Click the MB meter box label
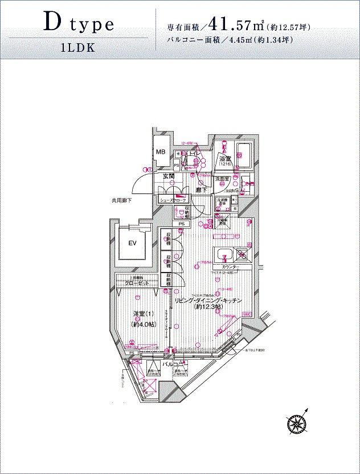click(x=161, y=152)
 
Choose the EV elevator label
click(x=132, y=244)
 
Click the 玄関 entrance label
click(x=169, y=176)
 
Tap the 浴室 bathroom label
click(x=225, y=159)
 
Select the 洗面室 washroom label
click(x=222, y=179)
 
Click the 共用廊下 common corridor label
click(x=122, y=200)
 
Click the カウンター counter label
click(x=227, y=267)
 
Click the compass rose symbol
click(x=297, y=422)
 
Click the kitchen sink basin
click(x=223, y=254)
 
